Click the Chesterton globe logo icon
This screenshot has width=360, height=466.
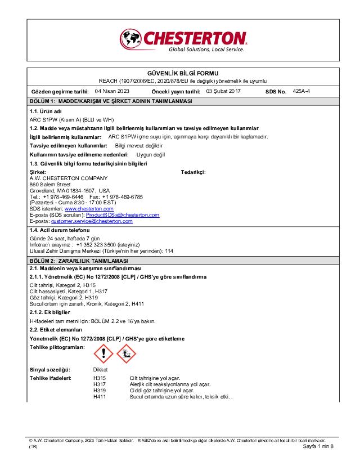coord(131,39)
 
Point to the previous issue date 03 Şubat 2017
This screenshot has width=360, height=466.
coord(223,91)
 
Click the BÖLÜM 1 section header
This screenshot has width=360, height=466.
coord(110,101)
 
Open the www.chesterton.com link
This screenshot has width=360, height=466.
coord(89,209)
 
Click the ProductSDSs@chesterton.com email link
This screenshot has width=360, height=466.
coord(122,215)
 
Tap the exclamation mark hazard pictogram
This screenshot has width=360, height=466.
coord(103,353)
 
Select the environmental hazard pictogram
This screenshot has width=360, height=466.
coord(125,353)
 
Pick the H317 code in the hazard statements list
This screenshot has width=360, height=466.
coord(100,384)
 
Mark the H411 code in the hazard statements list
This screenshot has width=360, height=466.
coord(100,396)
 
